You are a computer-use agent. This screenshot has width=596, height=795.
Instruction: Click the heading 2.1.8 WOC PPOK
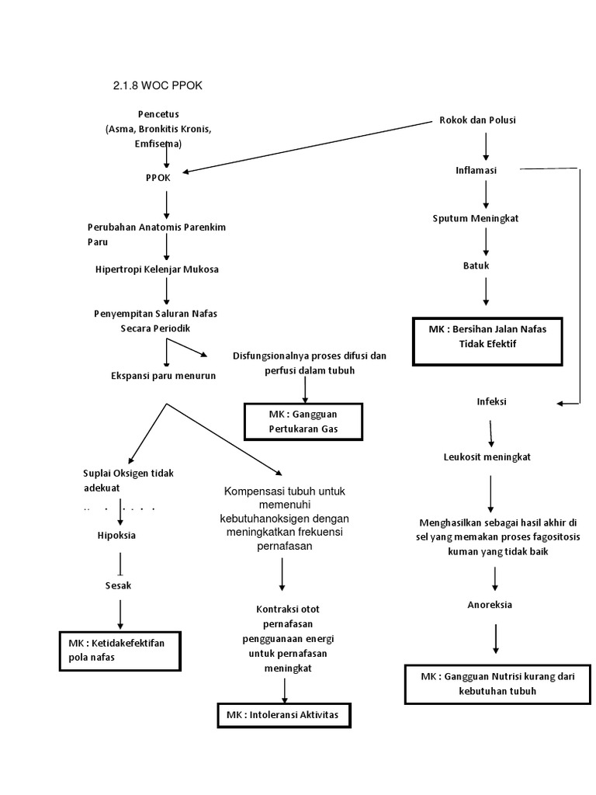pyautogui.click(x=158, y=85)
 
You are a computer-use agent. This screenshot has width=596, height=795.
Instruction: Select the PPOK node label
pyautogui.click(x=158, y=176)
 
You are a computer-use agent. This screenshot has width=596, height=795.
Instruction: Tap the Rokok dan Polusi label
pyautogui.click(x=477, y=120)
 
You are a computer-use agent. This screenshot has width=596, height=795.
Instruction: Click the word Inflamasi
pyautogui.click(x=476, y=170)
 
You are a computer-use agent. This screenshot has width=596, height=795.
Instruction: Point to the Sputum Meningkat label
pyautogui.click(x=476, y=218)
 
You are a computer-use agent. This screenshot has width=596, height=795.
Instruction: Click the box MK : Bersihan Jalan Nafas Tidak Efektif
pyautogui.click(x=487, y=336)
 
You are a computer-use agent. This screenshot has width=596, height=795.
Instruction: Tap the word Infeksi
pyautogui.click(x=490, y=401)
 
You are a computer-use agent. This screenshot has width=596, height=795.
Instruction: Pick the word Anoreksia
pyautogui.click(x=490, y=605)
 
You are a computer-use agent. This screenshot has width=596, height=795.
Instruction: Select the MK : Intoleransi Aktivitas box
pyautogui.click(x=282, y=713)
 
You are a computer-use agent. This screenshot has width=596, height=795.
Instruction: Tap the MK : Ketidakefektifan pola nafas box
pyautogui.click(x=120, y=651)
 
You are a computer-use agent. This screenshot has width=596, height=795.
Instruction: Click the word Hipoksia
pyautogui.click(x=116, y=536)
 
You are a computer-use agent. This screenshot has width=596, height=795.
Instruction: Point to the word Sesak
pyautogui.click(x=119, y=585)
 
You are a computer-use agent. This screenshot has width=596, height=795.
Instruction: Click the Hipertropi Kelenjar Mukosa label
pyautogui.click(x=152, y=269)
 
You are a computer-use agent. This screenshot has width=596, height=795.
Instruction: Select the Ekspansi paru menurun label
pyautogui.click(x=163, y=376)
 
